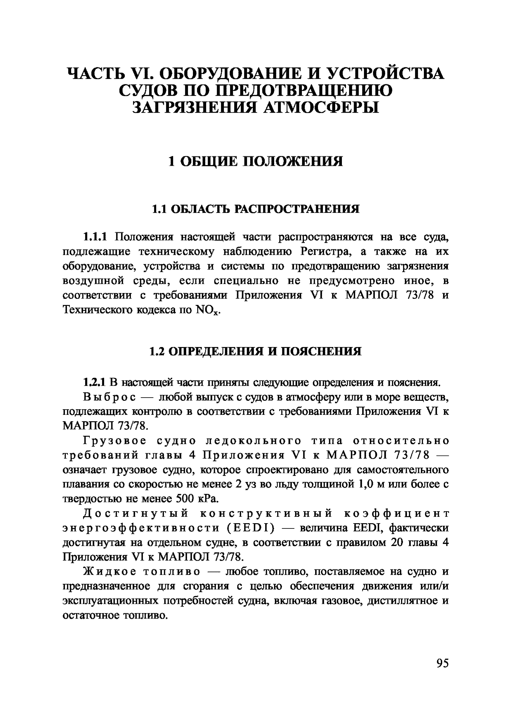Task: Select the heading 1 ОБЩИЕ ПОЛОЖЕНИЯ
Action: tap(256, 161)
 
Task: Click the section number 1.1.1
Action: tap(95, 237)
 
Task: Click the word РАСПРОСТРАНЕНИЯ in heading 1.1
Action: tap(297, 209)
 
